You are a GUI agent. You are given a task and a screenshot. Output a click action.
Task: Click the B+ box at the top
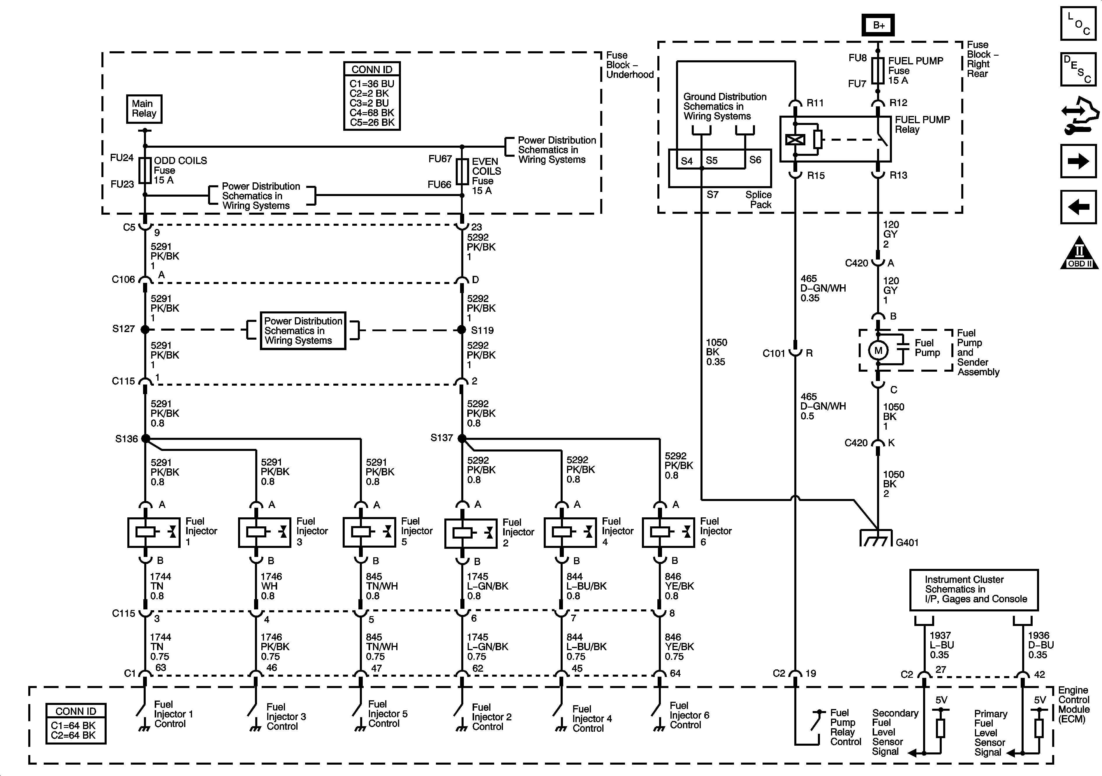point(878,25)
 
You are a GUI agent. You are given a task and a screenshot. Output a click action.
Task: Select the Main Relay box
point(144,109)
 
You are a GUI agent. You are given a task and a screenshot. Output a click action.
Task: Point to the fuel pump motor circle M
point(878,351)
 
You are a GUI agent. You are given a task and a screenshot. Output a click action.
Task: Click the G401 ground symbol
point(876,538)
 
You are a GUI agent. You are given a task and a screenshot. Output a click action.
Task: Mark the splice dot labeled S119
point(462,330)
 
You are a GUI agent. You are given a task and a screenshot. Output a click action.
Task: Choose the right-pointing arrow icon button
point(1078,161)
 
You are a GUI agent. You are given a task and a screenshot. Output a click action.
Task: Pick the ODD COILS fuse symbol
point(145,170)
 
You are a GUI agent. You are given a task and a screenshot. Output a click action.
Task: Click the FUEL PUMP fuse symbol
point(878,70)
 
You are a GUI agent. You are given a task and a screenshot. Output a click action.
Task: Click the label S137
point(441,438)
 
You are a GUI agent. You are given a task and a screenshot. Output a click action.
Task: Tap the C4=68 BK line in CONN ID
point(372,113)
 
